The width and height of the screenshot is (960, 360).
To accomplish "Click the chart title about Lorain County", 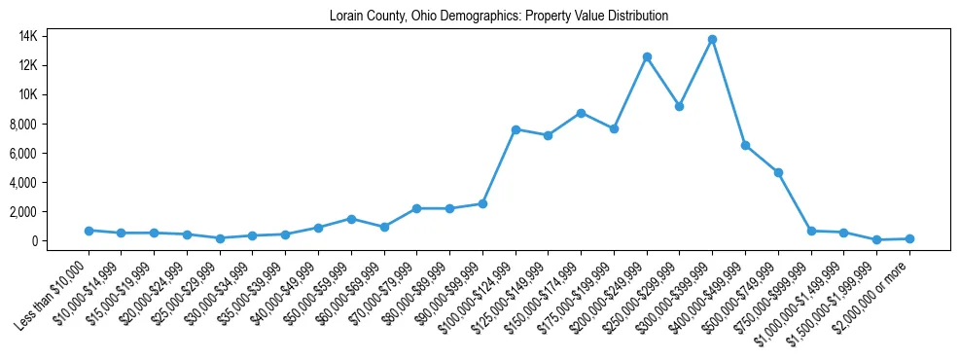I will (x=499, y=17).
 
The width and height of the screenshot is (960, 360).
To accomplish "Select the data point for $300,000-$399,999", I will (x=713, y=39).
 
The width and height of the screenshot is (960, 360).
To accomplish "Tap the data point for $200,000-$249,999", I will (x=647, y=56).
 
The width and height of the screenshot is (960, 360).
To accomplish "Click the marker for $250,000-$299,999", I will (x=680, y=106).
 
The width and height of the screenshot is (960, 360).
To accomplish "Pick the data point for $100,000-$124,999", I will (x=516, y=129).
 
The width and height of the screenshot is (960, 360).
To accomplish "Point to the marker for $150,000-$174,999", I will (x=581, y=113).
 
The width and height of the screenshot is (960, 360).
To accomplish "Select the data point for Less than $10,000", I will (x=89, y=231).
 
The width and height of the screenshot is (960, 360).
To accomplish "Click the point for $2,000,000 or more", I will (x=909, y=238).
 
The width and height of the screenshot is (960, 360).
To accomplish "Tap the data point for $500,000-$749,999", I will (x=778, y=172).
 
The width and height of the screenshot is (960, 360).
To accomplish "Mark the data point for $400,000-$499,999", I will (x=745, y=145).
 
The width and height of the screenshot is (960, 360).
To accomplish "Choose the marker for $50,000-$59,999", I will (x=351, y=219).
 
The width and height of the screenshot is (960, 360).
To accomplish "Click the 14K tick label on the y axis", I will (x=54, y=36).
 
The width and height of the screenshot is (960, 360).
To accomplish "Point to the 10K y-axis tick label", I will (x=54, y=94).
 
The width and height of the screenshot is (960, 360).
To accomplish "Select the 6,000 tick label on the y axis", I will (x=49, y=153).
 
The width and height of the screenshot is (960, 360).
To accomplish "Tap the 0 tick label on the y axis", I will (x=60, y=240).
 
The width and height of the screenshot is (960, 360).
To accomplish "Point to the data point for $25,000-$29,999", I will (x=220, y=238).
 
